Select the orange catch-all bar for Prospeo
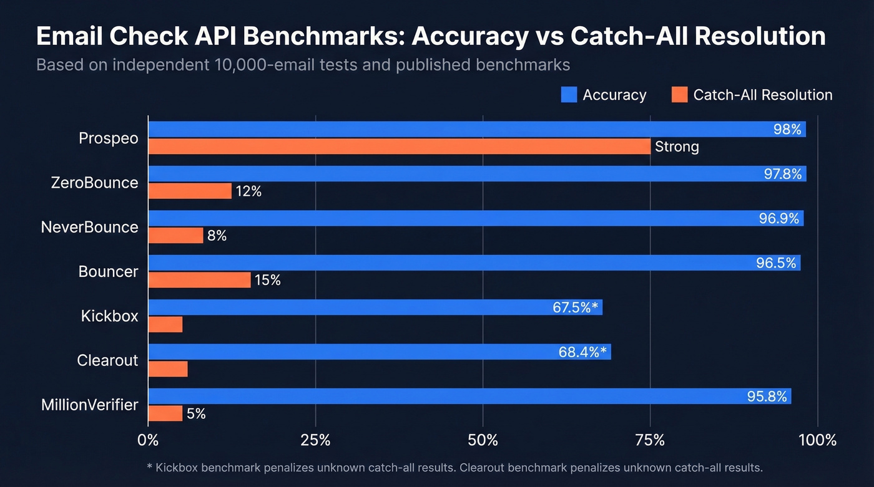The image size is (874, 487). (400, 147)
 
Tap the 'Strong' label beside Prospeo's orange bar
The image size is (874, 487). (677, 147)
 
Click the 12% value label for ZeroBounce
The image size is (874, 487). (248, 191)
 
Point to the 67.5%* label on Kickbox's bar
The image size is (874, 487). (575, 307)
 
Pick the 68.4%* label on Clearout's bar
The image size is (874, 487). (582, 352)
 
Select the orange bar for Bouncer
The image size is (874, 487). (200, 280)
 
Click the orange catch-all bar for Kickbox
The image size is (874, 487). (165, 324)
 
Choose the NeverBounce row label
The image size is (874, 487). (89, 227)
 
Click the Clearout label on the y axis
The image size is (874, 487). (107, 360)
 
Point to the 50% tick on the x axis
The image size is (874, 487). (483, 441)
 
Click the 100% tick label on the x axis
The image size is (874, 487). (817, 441)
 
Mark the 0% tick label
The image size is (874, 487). (148, 441)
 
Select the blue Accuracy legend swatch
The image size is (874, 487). (569, 95)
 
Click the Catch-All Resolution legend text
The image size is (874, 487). (762, 95)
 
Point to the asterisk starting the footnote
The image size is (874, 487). (149, 467)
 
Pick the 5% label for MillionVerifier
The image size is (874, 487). (196, 413)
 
